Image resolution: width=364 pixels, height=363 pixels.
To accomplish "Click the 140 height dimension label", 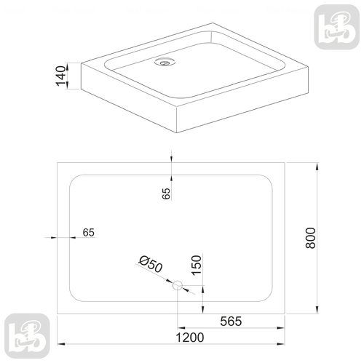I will point(62,74).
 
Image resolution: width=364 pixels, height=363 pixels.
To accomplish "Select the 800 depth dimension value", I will point(310,238).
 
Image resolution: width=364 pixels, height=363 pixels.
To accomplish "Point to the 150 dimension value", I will point(195,266).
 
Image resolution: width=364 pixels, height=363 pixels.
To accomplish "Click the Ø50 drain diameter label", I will point(149,265).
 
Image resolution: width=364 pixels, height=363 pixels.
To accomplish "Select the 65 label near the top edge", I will point(166,193).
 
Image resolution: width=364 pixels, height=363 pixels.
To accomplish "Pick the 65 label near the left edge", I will point(89,232).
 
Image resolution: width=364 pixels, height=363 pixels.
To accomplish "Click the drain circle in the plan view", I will point(177,286).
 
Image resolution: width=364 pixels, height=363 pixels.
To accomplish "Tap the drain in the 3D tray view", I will point(164,63).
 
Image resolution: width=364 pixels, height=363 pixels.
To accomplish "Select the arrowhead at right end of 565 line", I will point(282,328).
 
